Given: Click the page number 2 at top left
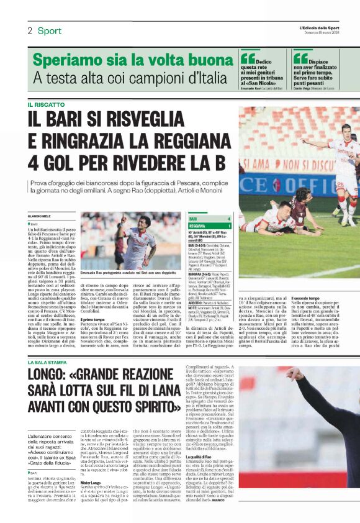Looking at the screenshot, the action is (x=29, y=30).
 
